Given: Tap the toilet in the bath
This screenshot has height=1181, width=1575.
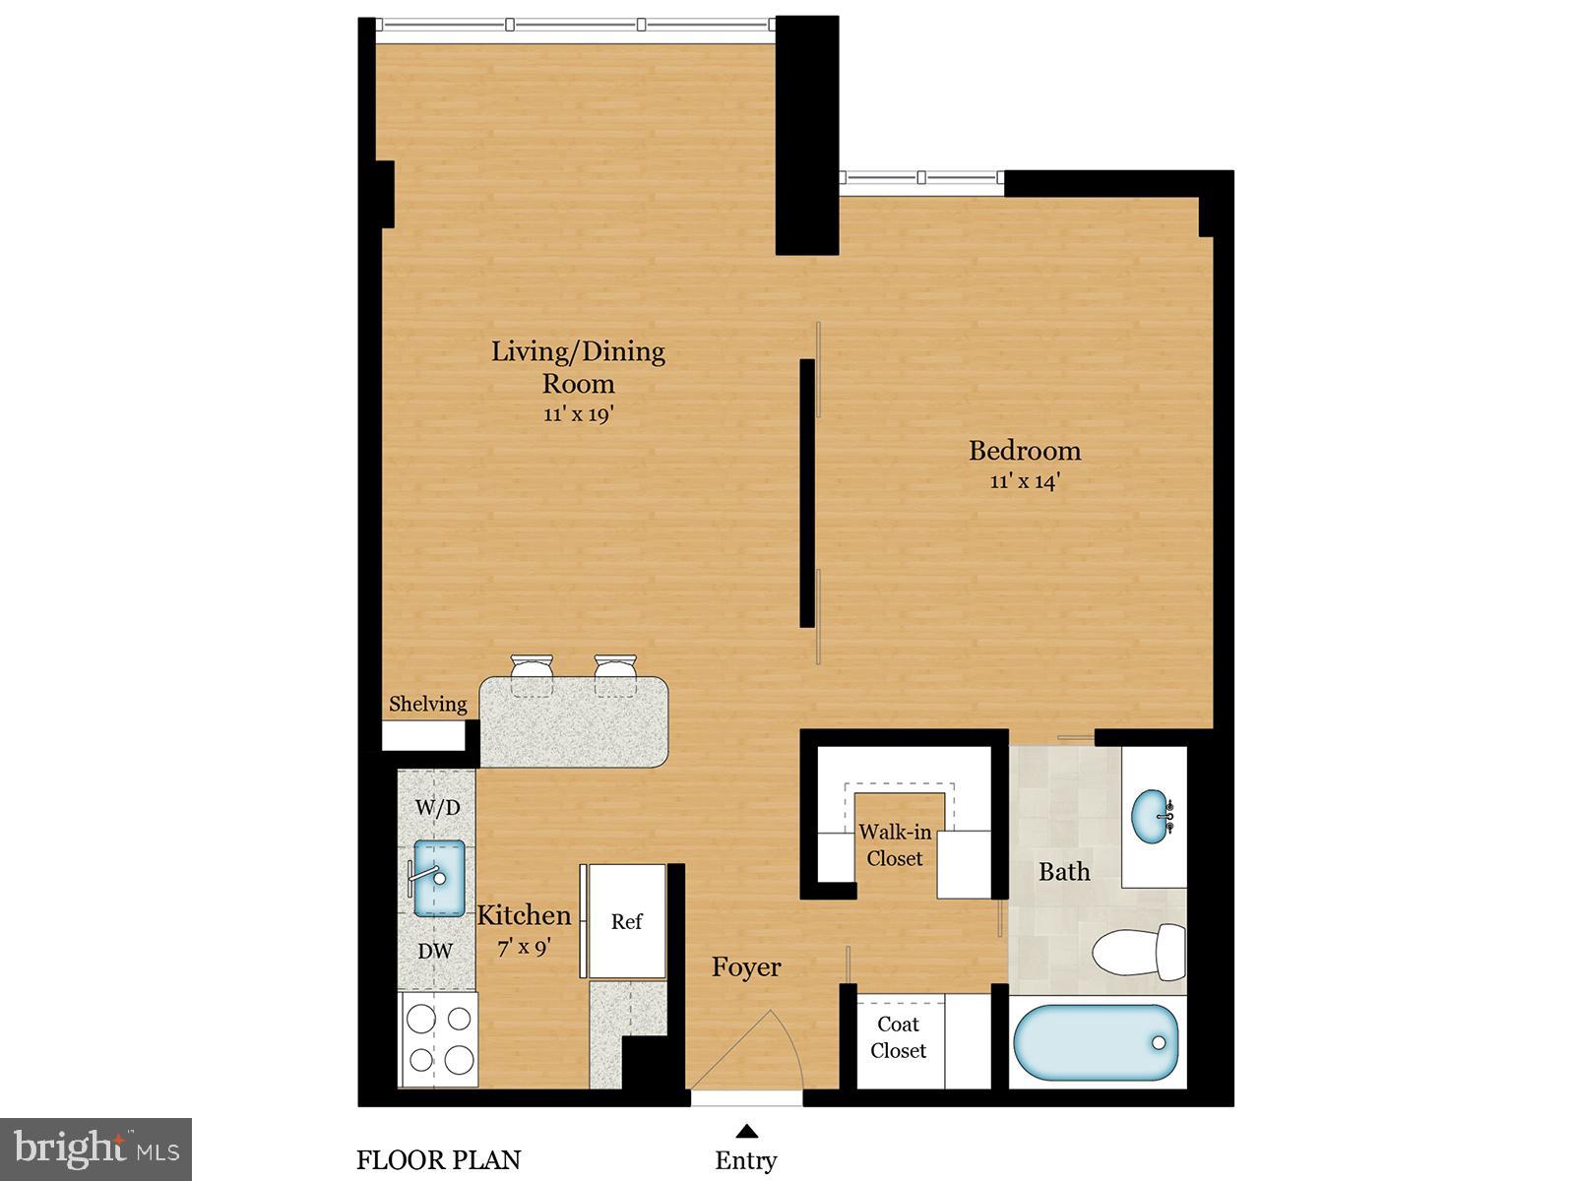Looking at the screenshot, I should tap(1142, 952).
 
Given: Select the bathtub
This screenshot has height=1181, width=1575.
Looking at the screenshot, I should tap(1096, 1043).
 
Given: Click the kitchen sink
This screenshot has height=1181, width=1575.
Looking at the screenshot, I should tap(438, 878).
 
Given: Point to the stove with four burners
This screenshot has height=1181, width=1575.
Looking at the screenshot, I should tap(439, 1039).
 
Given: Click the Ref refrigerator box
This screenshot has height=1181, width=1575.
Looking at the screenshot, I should tap(627, 921).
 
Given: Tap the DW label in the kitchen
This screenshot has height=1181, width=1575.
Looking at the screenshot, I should tap(435, 951).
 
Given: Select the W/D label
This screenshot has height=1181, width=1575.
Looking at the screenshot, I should tap(437, 808).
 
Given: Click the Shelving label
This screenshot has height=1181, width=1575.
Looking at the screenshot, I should tap(427, 704).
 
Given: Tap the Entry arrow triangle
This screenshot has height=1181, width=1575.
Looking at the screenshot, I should tap(747, 1131).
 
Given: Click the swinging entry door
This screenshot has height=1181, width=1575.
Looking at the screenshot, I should tap(753, 1048).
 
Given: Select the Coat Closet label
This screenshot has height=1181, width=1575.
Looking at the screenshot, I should tap(898, 1037).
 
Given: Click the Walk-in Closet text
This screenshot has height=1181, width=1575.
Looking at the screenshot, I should tap(895, 844).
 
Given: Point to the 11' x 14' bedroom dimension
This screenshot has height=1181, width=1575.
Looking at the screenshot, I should tap(1024, 481).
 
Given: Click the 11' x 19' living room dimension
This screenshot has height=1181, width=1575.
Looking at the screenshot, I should tap(579, 414).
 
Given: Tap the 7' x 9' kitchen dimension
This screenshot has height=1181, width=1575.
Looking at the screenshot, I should tap(524, 947).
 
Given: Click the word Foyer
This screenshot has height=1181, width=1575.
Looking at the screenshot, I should tap(746, 967).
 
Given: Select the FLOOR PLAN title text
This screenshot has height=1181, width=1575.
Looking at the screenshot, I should tap(438, 1160).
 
